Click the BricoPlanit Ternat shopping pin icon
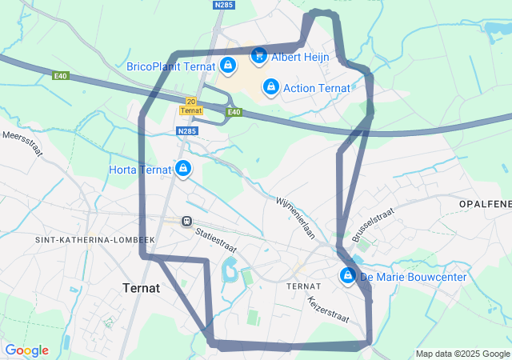(228, 65)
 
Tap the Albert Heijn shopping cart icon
(258, 55)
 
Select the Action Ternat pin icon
(270, 86)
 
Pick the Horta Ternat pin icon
(184, 168)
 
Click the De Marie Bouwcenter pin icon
(347, 276)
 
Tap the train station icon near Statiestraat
(186, 221)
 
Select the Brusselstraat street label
(374, 224)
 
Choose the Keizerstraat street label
(328, 309)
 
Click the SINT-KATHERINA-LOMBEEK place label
(94, 239)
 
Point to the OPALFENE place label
(485, 205)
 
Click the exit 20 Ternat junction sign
(190, 106)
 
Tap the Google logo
(26, 350)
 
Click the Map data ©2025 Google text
(462, 354)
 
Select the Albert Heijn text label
(300, 57)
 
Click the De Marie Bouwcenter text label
(413, 277)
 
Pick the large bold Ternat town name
(142, 287)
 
